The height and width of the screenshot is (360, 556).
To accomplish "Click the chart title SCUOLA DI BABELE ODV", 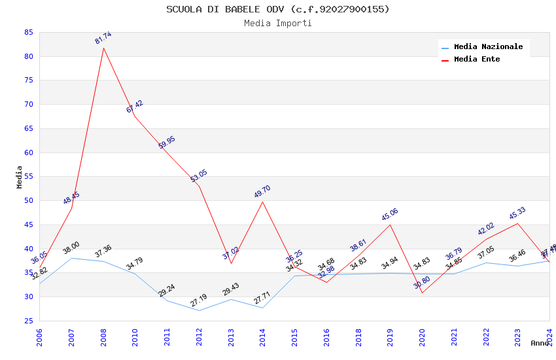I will [x=277, y=9].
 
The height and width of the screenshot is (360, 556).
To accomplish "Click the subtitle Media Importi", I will [x=277, y=24].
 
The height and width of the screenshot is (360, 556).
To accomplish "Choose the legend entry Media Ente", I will [x=477, y=60].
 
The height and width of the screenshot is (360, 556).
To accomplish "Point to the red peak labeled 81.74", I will [x=103, y=48].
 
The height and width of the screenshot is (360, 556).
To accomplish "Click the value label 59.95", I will [x=167, y=143].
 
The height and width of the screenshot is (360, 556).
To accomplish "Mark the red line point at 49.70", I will [x=263, y=201].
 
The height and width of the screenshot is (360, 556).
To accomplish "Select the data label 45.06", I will [x=390, y=214].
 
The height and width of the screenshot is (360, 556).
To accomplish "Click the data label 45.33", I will [x=517, y=213].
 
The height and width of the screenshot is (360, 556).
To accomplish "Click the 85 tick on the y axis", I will [x=28, y=32].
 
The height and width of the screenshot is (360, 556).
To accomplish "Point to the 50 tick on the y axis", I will [x=28, y=201].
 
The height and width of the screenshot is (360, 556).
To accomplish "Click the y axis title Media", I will [x=20, y=177].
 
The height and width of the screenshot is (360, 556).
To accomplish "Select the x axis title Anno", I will [x=540, y=344].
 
